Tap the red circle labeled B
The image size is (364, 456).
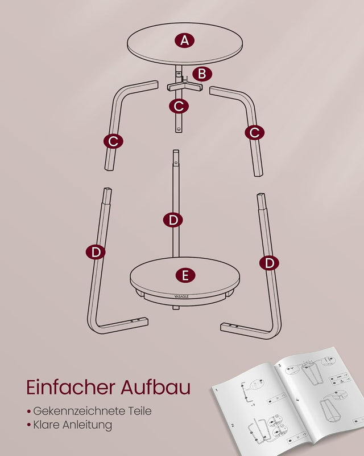coord(202,74)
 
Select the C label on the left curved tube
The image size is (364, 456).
coord(113,141)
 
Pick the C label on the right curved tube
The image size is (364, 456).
coord(254,132)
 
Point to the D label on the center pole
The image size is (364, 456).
coord(173,219)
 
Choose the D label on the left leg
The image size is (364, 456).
coord(96,251)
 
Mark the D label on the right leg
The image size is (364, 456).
coord(269,263)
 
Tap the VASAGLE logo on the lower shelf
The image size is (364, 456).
coord(183,295)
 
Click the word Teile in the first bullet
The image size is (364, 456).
coord(140,411)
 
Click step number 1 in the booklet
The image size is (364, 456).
coord(217,389)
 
